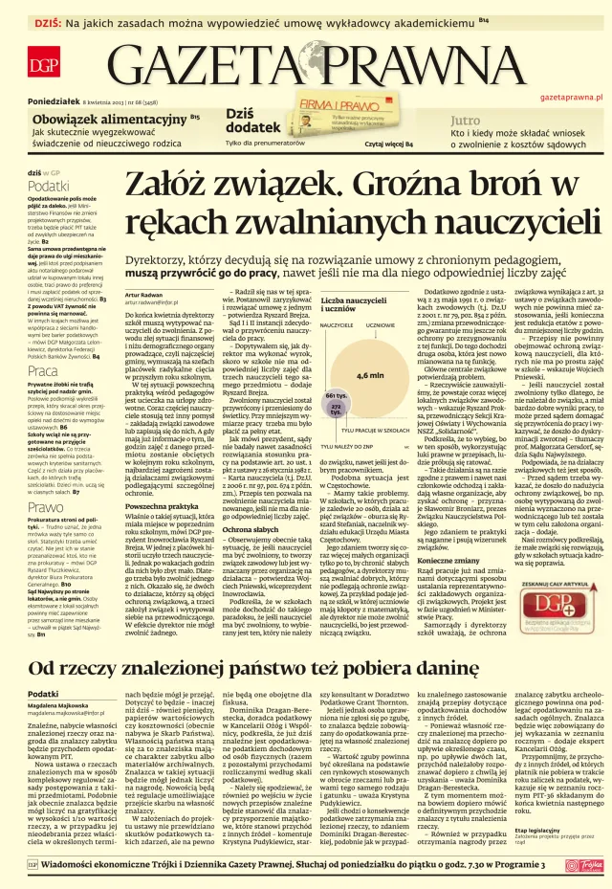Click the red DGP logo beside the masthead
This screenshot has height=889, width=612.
point(43,64)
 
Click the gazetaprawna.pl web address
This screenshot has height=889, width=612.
point(571,97)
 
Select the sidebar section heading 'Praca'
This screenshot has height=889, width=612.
point(42,369)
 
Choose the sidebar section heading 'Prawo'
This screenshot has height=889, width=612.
point(44,507)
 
